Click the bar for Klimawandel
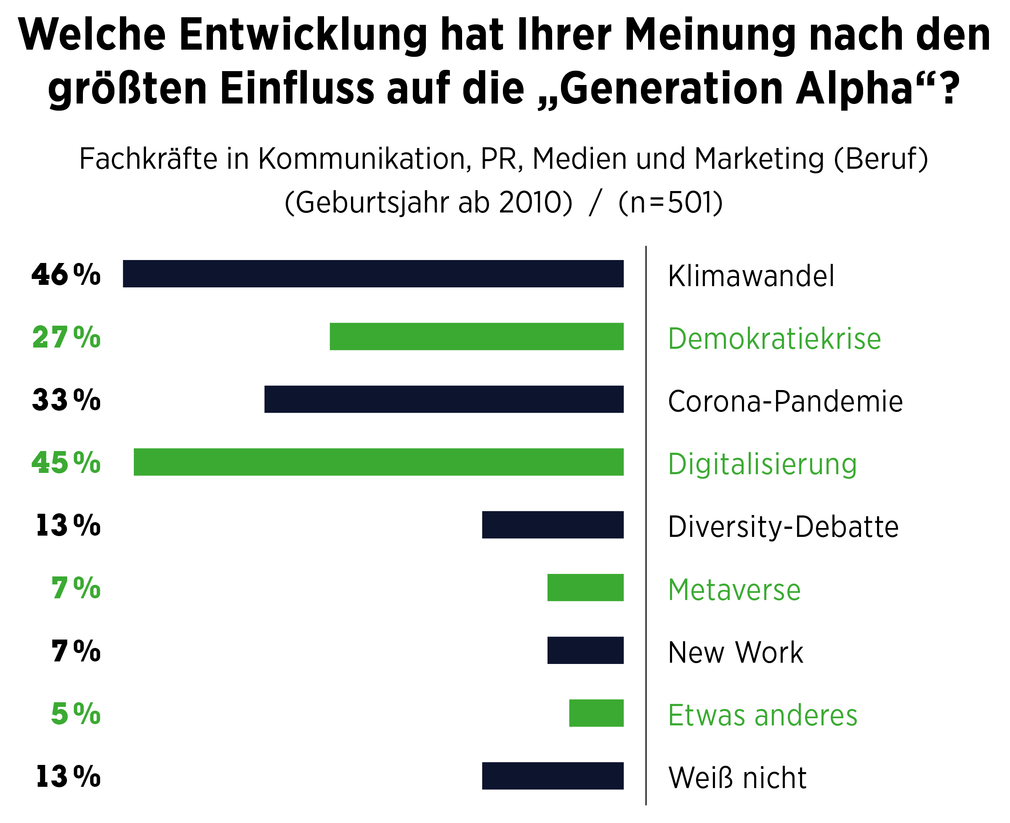click(x=373, y=273)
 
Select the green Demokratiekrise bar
click(x=476, y=336)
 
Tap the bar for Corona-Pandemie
click(x=444, y=399)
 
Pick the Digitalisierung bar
click(x=378, y=462)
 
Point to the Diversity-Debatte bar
click(x=553, y=524)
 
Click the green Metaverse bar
click(x=585, y=587)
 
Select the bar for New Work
click(x=585, y=650)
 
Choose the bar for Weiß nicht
click(x=553, y=775)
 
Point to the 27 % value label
click(x=66, y=337)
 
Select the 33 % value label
click(x=66, y=400)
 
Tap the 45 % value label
click(x=66, y=463)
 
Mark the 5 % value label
click(x=75, y=714)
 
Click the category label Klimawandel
click(x=751, y=276)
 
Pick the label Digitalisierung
click(x=762, y=464)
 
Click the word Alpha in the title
click(x=854, y=89)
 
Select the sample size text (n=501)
click(x=670, y=202)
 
